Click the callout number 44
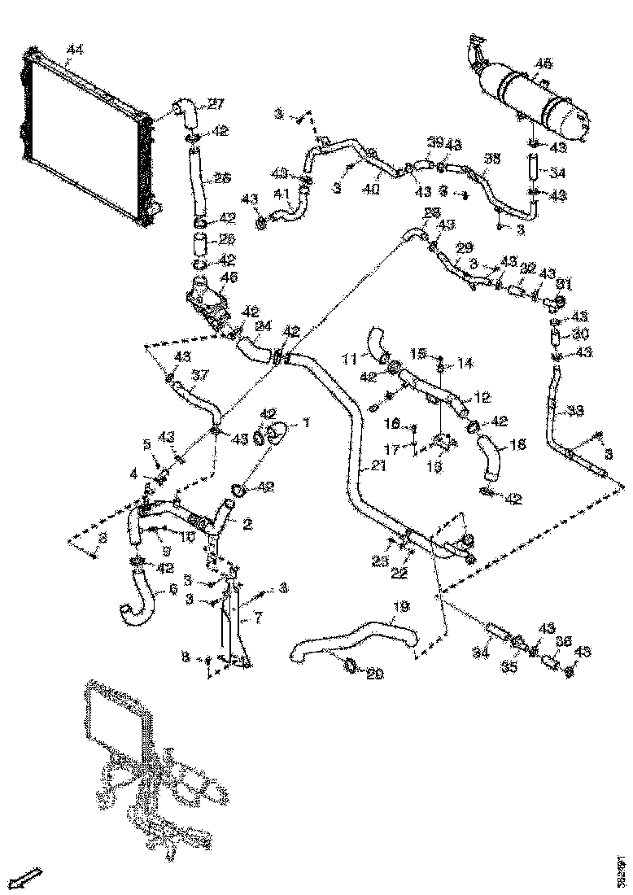[74, 50]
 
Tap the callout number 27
[215, 103]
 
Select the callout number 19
[399, 606]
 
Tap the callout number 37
[200, 375]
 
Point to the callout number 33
[575, 411]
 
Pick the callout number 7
[259, 619]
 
